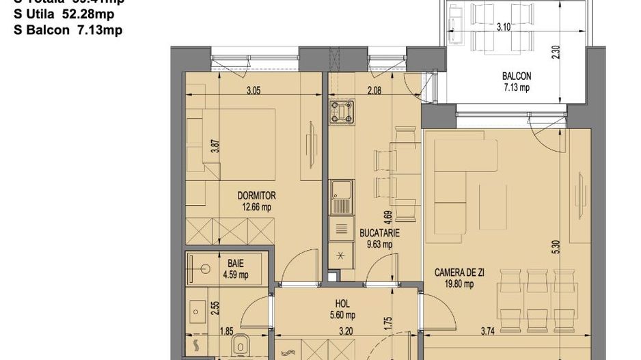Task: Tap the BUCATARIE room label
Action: coord(379,233)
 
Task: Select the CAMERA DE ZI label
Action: coord(459,273)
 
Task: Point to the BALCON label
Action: coord(517,77)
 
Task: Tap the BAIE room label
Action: coord(236,262)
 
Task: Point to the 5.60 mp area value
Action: coord(342,315)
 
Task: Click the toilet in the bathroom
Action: coord(243,348)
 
